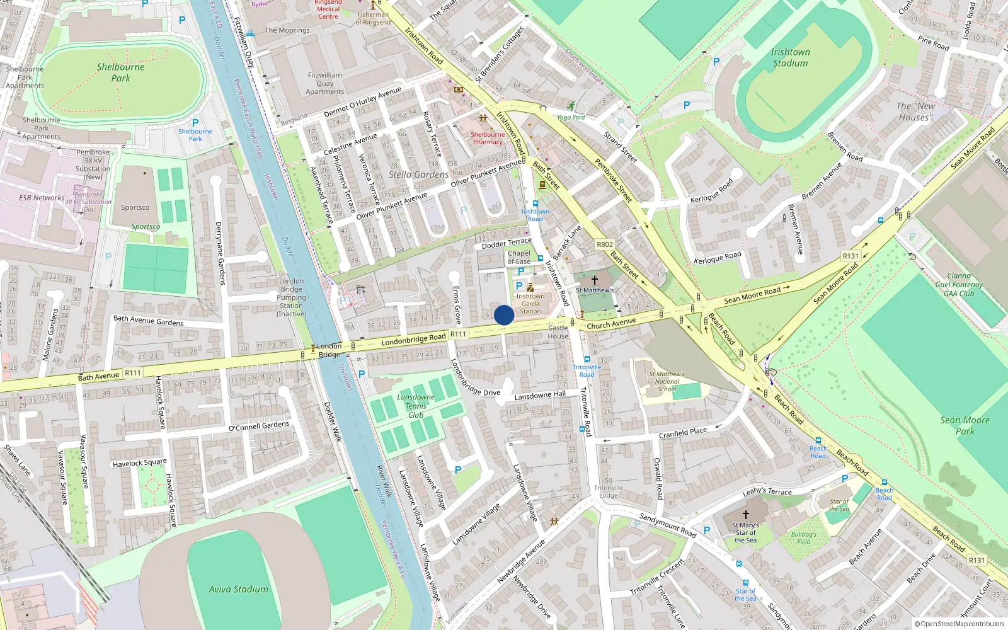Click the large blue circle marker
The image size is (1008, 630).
tap(504, 315)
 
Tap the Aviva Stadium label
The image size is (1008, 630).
tap(238, 589)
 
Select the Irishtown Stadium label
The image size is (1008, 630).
tap(790, 57)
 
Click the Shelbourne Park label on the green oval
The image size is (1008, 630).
tap(120, 72)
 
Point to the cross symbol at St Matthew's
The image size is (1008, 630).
tap(594, 279)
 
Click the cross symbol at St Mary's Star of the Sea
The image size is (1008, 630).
tap(746, 515)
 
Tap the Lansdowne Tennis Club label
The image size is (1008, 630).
tap(416, 406)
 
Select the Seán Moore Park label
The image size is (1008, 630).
tap(965, 425)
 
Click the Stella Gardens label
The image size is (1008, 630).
tap(418, 175)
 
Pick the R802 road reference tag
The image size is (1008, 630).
tap(605, 244)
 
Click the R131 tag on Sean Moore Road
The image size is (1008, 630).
tap(850, 256)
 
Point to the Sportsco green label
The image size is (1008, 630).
tap(146, 227)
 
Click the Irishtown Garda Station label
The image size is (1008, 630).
tap(530, 303)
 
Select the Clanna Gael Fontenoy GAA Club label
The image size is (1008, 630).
tap(959, 284)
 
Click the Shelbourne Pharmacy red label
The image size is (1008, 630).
tap(488, 138)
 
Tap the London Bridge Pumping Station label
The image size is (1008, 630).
tap(291, 297)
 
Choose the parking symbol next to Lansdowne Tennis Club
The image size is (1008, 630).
tap(362, 374)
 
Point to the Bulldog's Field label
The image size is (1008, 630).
tap(803, 537)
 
